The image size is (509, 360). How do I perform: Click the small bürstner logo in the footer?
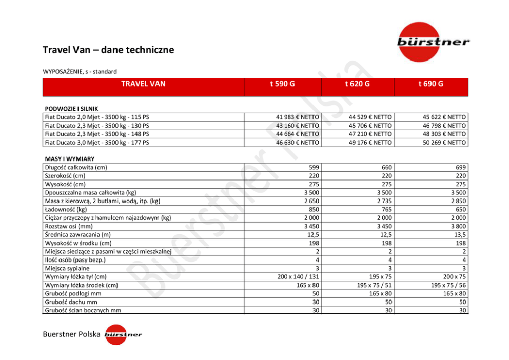click(123, 335)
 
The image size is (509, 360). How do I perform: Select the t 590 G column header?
click(282, 84)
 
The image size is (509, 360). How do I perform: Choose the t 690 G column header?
click(431, 84)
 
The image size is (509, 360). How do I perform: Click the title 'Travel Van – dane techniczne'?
click(108, 50)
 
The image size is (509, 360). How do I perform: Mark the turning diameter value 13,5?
click(459, 234)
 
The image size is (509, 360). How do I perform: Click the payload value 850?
click(312, 209)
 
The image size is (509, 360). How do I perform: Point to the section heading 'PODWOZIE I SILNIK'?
click(71, 109)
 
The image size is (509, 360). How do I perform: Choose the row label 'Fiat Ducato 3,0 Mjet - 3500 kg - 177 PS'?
click(97, 142)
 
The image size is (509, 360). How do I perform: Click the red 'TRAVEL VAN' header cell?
click(143, 84)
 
